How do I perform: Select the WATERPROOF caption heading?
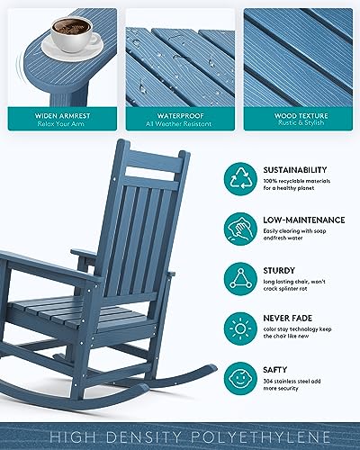176,115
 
